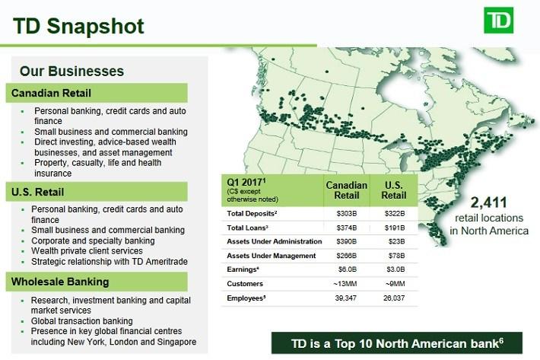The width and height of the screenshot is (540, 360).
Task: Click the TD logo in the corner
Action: point(498,21)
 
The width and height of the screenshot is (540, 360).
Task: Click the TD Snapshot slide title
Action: point(78,26)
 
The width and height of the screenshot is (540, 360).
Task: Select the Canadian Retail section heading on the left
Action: point(51,93)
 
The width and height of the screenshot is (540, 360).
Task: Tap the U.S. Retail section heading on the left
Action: point(37,192)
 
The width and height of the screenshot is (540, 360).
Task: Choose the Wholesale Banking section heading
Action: point(60,282)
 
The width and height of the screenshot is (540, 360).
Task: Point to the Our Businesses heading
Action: point(71,72)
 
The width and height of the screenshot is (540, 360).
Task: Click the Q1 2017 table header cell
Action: point(272,190)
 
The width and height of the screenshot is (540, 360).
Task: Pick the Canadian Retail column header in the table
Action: point(347,190)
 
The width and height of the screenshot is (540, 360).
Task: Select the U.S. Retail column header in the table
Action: point(394,190)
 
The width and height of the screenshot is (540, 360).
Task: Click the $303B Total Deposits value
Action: point(347,214)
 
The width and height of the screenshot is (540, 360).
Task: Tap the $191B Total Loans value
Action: point(395,228)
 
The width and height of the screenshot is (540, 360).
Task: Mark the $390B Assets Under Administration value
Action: point(347,241)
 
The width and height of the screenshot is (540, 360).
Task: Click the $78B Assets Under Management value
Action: point(397,256)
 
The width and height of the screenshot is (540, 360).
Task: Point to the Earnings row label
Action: point(243,269)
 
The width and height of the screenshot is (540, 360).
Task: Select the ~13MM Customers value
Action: point(345,284)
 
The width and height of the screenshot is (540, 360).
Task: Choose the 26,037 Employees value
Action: point(394,298)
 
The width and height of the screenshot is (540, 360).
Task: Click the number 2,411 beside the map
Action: point(489,202)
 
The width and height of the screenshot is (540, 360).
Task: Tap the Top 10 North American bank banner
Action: point(397,343)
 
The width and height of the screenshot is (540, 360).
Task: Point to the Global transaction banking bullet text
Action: point(82,321)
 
